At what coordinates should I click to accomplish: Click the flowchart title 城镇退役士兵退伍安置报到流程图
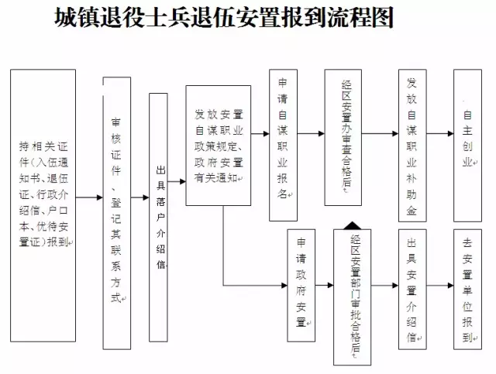224,17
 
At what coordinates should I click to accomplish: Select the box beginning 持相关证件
43,205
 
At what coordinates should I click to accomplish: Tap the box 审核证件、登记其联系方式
117,213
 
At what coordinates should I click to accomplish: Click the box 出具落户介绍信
158,218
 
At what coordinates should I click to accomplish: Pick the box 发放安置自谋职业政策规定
219,146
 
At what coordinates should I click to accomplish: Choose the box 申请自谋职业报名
283,145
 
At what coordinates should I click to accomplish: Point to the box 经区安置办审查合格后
343,138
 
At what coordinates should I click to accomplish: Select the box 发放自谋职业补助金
412,146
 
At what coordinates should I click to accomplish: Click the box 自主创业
467,146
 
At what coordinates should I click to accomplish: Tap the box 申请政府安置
301,286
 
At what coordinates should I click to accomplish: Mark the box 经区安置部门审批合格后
353,297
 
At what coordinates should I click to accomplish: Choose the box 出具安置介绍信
412,290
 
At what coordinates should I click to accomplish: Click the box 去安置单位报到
467,290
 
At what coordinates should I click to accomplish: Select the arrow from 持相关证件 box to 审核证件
89,197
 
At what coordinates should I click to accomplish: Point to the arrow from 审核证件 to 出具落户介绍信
139,197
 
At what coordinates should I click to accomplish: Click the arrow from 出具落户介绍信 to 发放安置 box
177,181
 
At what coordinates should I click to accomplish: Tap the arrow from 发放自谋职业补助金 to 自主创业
440,133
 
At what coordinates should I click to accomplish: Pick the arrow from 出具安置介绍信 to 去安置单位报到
440,286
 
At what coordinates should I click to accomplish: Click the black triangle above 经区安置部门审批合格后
353,225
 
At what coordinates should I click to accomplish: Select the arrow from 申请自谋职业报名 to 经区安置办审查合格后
311,133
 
